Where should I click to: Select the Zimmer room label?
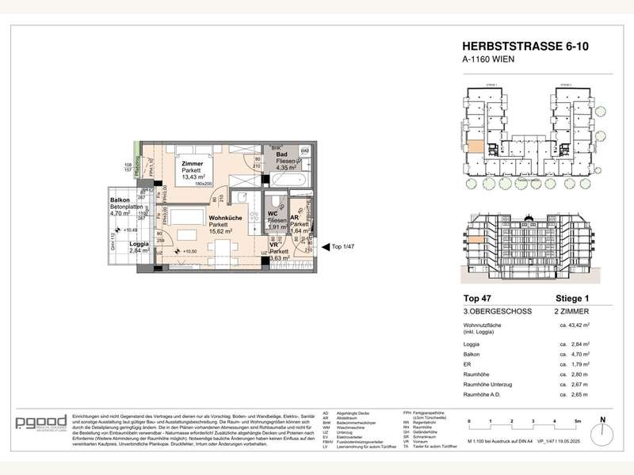tap(192, 164)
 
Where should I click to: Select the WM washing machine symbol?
tap(305, 150)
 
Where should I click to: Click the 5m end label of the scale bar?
tap(579, 421)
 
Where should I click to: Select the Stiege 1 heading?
tap(574, 298)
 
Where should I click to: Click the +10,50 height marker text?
tap(190, 251)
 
